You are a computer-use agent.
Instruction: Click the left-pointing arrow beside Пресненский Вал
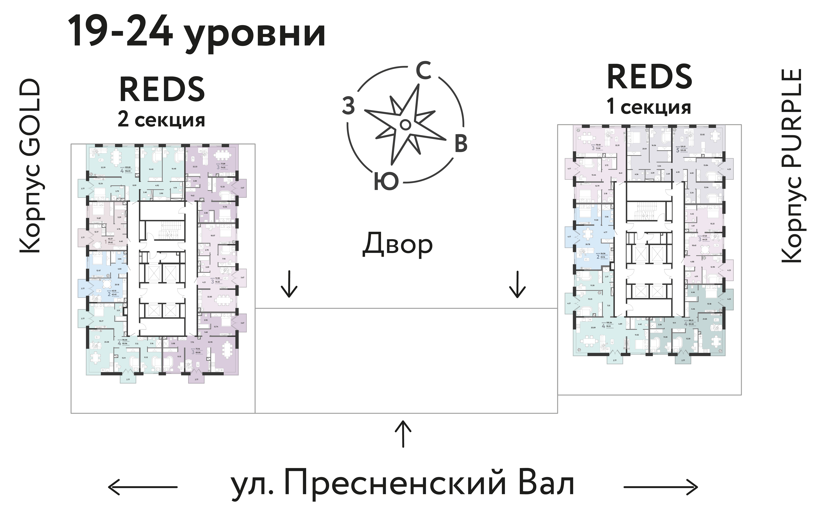143,487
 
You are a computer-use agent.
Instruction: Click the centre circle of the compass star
404,125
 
